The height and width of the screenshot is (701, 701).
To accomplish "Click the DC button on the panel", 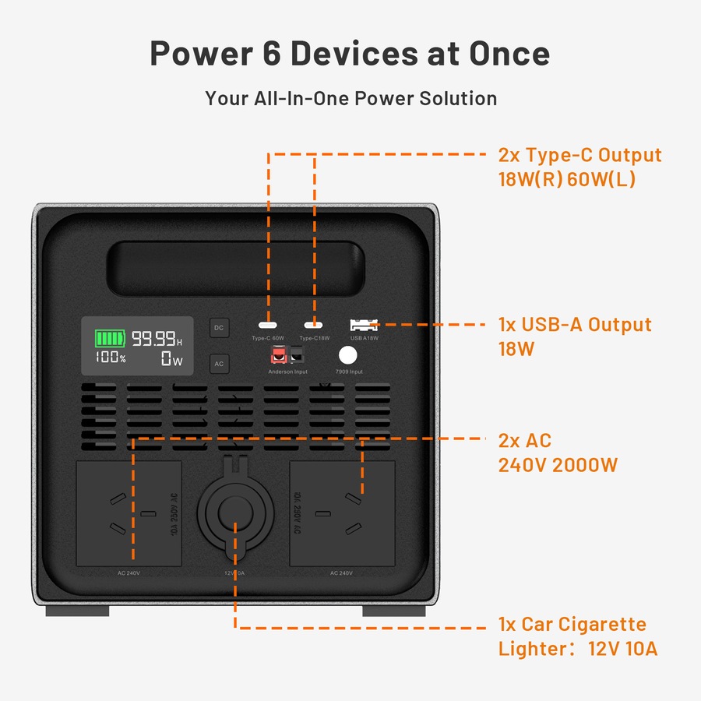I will click(x=219, y=328).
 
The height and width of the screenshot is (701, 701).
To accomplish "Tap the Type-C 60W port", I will click(x=268, y=326).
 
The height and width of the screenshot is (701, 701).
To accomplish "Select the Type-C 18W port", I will click(x=315, y=326).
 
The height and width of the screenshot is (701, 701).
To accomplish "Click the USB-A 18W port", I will click(x=363, y=325).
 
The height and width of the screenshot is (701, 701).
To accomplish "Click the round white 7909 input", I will click(x=347, y=356).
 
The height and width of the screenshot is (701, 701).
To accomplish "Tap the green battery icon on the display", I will click(x=109, y=339).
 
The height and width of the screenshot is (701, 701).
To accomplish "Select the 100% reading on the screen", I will click(x=111, y=358).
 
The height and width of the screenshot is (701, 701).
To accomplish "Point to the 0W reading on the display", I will click(x=171, y=359).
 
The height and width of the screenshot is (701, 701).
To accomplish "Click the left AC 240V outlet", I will click(x=129, y=513).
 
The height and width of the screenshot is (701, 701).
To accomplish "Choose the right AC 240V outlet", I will click(x=342, y=513).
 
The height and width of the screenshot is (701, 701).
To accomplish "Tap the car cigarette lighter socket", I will click(x=234, y=514).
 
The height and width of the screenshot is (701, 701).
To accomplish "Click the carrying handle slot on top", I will click(x=237, y=269).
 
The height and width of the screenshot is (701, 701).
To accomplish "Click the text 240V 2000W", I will click(x=558, y=465).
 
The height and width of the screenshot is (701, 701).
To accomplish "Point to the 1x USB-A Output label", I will click(x=575, y=325).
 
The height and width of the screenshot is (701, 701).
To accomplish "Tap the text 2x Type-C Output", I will click(x=579, y=155).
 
